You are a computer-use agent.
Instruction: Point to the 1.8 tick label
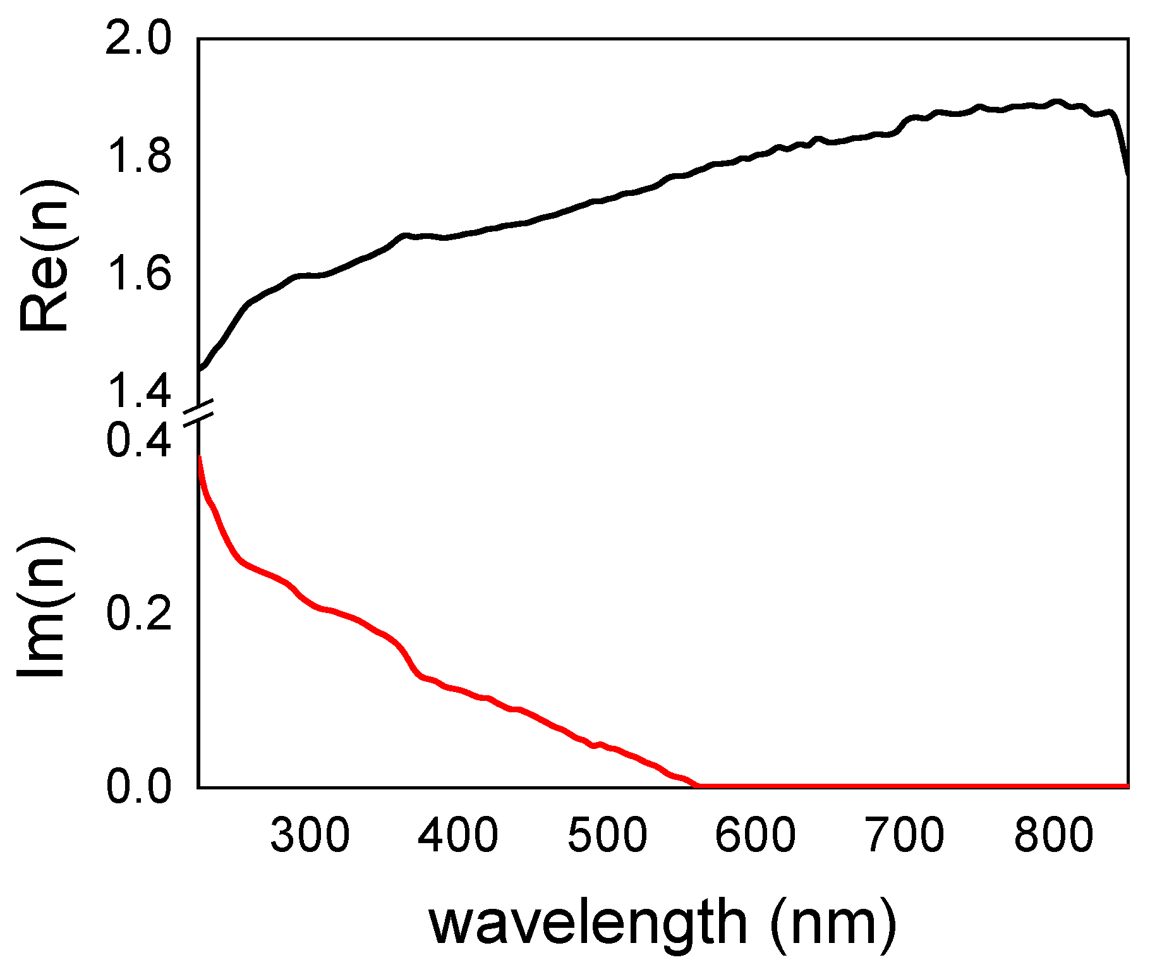pos(138,157)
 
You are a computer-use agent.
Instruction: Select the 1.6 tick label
pos(138,274)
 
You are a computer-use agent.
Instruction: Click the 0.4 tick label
pos(138,441)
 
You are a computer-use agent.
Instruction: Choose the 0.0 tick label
pos(138,787)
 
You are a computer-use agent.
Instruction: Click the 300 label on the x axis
pos(310,836)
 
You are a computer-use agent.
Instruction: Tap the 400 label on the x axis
pos(458,836)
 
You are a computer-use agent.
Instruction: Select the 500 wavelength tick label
pos(607,836)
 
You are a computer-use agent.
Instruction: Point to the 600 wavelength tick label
pos(756,836)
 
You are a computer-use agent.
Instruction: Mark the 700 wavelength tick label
pos(905,836)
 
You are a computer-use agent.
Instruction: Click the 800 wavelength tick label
pos(1053,836)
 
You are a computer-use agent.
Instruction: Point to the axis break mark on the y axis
pos(198,414)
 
